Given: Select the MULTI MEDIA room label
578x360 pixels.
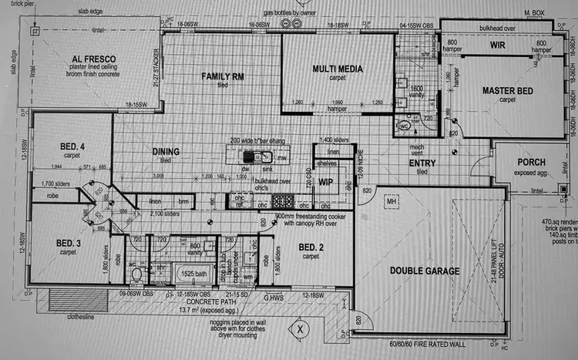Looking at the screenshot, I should pos(337,69).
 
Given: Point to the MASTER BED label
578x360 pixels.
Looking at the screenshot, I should pos(509,91).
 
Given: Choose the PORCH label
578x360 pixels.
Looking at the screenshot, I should pos(533,163).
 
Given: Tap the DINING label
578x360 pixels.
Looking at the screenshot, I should pos(166,152).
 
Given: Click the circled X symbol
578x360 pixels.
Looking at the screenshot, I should pos(301,329).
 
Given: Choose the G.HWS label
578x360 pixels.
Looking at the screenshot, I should pos(274,296).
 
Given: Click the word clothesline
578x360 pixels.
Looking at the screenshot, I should pos(65,315).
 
